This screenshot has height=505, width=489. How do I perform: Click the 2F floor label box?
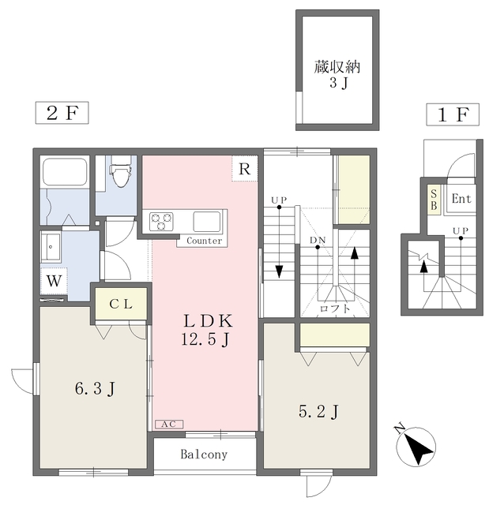pos(62,113)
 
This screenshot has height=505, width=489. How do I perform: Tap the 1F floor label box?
pos(453,114)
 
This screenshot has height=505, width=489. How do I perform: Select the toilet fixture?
pos(121,171)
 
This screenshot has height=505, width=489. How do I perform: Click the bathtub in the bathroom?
pos(65,172)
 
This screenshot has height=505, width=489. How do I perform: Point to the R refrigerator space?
pos(245,168)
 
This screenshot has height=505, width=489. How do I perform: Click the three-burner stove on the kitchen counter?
pos(161,222)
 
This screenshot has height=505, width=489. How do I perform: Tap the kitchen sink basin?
pos(207,222)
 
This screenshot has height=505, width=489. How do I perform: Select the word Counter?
pos(205,241)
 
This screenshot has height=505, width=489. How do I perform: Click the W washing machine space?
pos(54,281)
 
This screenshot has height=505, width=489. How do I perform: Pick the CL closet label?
pos(121,304)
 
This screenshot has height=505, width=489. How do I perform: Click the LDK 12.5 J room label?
pos(206,330)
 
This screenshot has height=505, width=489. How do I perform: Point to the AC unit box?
pos(169,425)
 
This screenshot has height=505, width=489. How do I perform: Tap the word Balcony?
pos(204,454)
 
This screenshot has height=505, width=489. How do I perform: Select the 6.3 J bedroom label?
pos(95,389)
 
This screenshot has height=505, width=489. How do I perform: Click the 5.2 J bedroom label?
pos(318,412)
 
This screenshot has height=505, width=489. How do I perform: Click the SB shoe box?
pos(434,200)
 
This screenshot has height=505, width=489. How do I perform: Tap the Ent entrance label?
pos(461,198)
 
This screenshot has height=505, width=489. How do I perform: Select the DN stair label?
pos(318,240)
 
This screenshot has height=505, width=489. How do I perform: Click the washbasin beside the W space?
pos(51,247)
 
